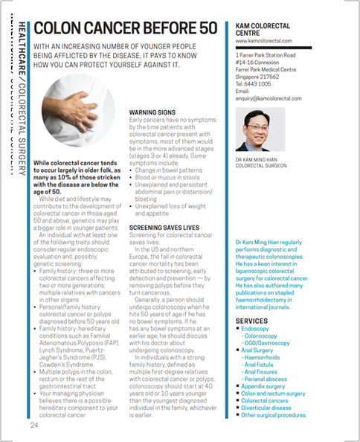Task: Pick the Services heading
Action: (x=251, y=321)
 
